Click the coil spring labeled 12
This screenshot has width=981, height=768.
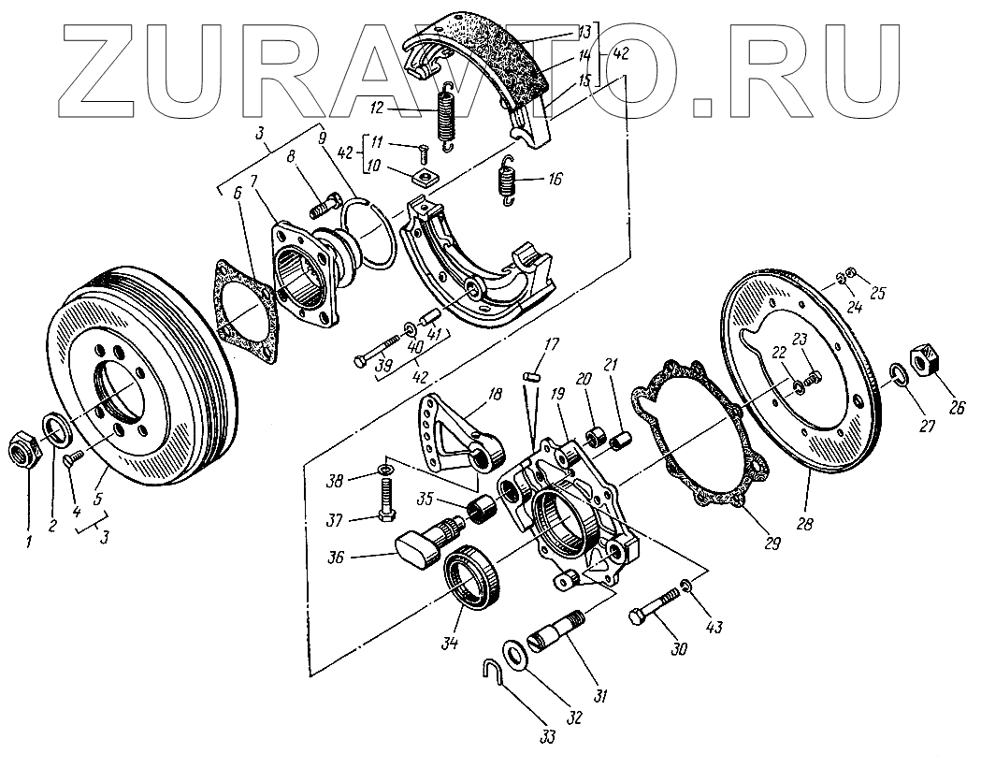pos(446,116)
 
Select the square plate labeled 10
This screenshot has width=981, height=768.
pos(425,175)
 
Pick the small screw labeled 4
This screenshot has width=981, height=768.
pos(74,457)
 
